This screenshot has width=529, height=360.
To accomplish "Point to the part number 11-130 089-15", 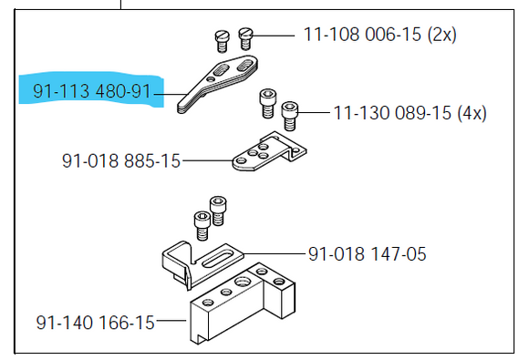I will (387, 114).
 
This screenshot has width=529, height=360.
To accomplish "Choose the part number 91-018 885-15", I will (120, 161).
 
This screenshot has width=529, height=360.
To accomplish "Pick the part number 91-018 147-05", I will (367, 253).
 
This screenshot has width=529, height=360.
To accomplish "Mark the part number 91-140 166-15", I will (95, 322).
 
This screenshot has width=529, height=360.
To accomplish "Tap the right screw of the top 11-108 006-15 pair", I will (244, 37).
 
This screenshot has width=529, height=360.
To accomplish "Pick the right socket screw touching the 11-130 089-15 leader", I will (290, 114).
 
